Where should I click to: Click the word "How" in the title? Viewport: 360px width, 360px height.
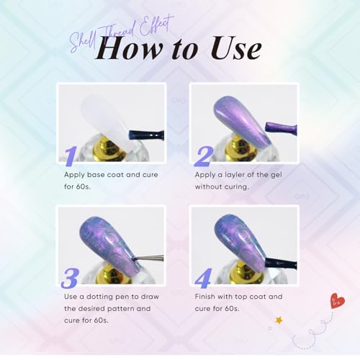[128, 49]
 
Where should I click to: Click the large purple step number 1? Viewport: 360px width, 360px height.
[71, 156]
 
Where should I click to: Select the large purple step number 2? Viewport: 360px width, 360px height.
[204, 156]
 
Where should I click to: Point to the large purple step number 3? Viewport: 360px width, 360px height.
[70, 279]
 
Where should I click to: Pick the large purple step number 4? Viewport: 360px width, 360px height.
[204, 279]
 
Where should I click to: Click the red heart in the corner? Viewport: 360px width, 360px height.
[338, 300]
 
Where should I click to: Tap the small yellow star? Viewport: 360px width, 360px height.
[279, 320]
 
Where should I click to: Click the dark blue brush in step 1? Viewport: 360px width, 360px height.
[146, 135]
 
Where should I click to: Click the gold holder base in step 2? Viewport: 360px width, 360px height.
[238, 150]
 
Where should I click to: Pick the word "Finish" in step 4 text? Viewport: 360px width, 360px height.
[204, 297]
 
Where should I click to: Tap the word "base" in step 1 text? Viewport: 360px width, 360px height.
[95, 174]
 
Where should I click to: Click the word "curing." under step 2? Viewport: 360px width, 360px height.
[236, 187]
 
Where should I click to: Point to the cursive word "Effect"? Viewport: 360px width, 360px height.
[156, 27]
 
